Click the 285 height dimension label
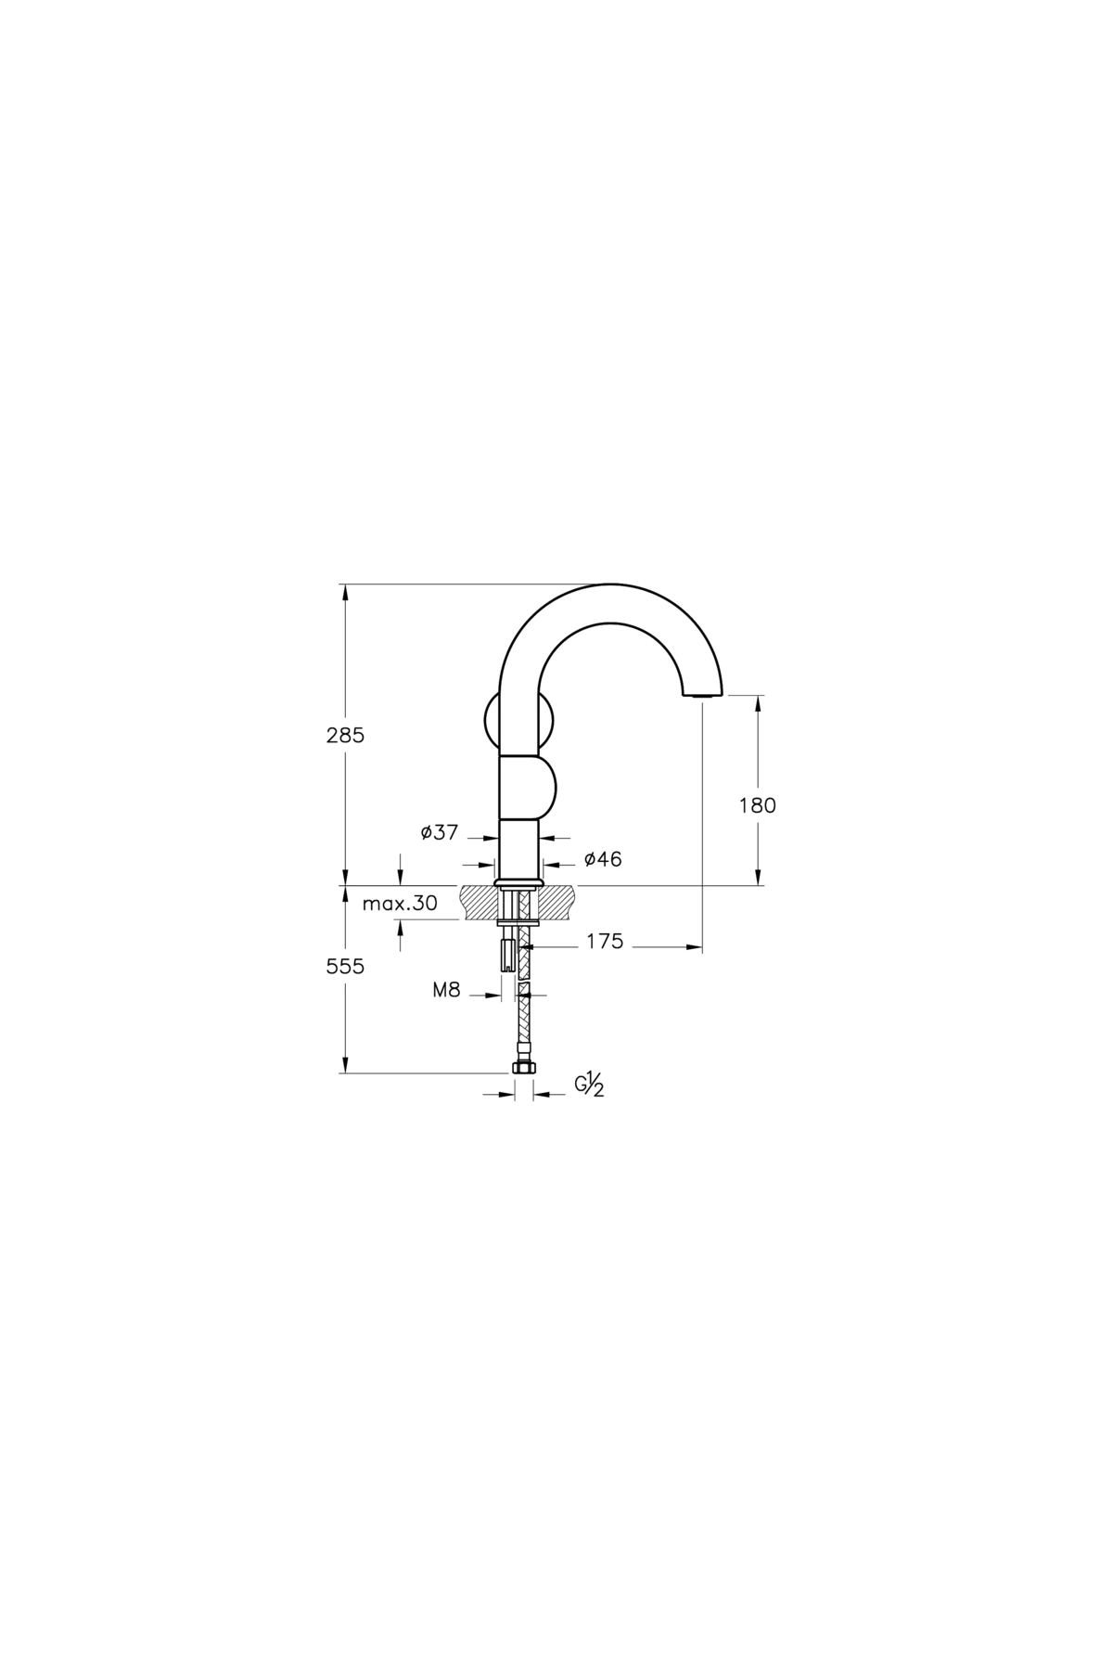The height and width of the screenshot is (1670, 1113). (x=345, y=736)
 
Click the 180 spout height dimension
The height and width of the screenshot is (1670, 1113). (x=757, y=805)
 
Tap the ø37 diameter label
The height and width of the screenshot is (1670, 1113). (x=439, y=832)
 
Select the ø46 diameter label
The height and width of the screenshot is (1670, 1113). (x=603, y=860)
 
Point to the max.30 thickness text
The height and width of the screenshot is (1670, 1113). (x=400, y=903)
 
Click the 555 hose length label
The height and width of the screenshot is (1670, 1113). (x=345, y=967)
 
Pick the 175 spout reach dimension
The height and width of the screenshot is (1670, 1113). (x=605, y=943)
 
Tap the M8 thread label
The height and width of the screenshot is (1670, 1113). (x=446, y=990)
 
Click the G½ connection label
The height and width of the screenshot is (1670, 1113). (x=590, y=1085)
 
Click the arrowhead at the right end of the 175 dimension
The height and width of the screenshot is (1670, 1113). (x=694, y=946)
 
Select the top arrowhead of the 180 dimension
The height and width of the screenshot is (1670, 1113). (x=759, y=704)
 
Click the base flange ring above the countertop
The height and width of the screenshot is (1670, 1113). (x=518, y=880)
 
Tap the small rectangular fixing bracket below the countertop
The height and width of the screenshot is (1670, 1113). (x=507, y=954)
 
